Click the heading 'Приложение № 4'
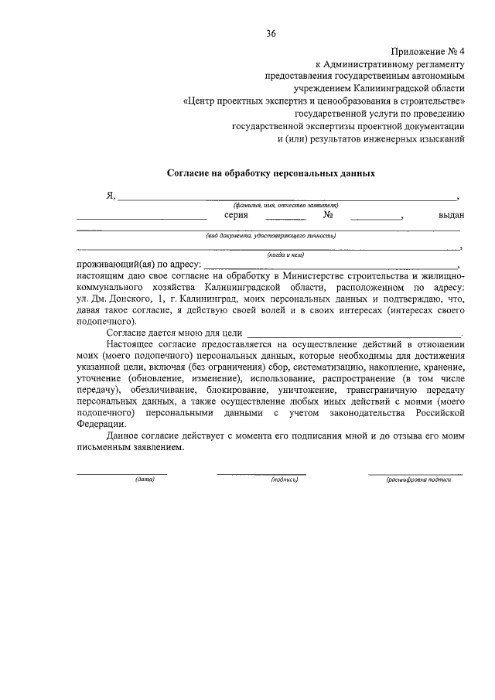[x=428, y=52]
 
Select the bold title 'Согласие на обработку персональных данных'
[x=271, y=173]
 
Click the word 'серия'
[x=236, y=216]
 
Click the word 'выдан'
[x=451, y=216]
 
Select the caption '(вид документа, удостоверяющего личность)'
[x=270, y=236]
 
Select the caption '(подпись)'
[x=285, y=480]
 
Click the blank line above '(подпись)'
[x=261, y=473]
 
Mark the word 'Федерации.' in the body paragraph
[x=99, y=424]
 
